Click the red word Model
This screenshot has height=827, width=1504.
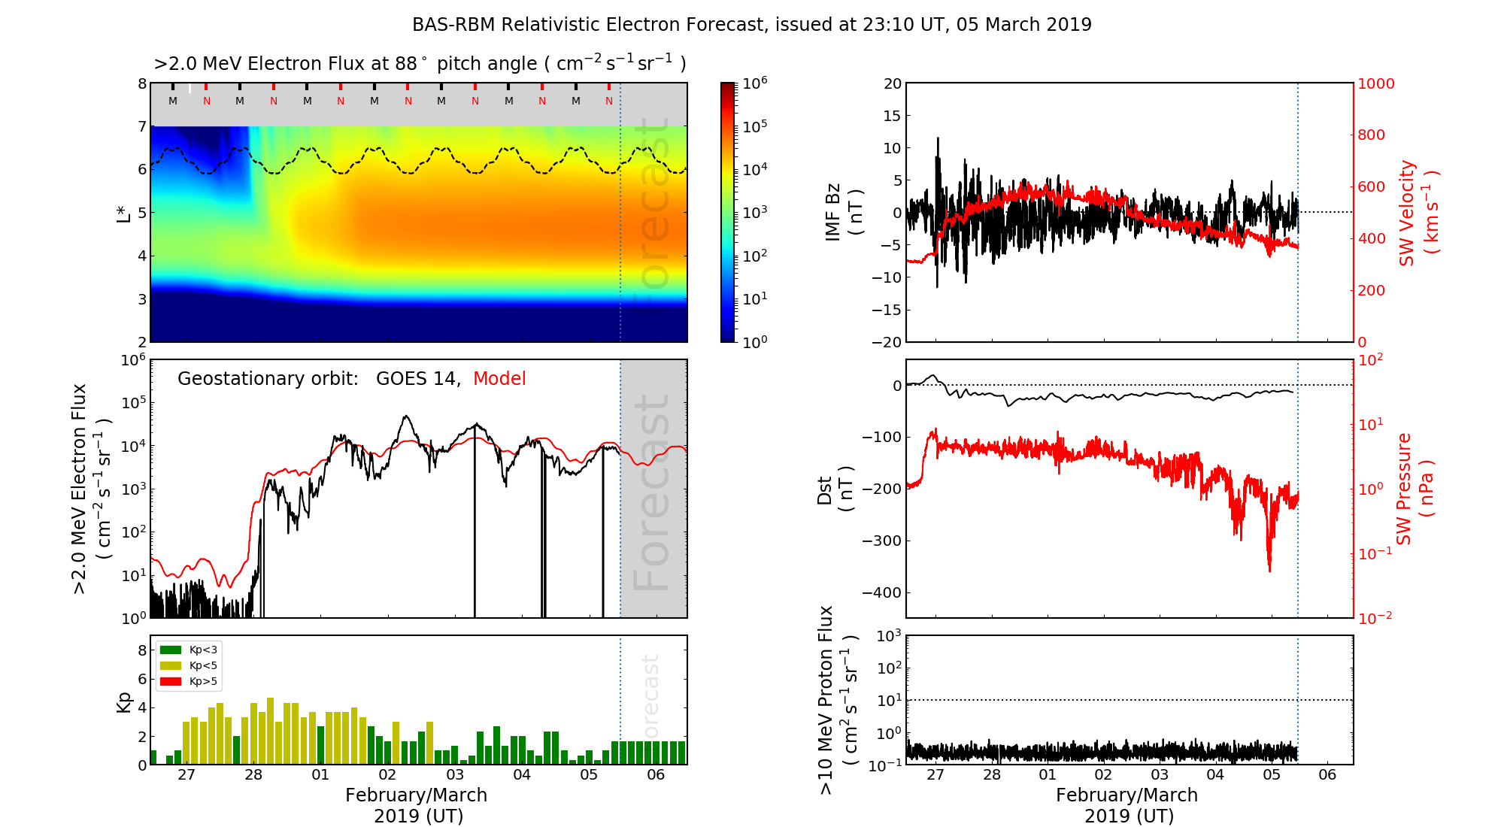(499, 379)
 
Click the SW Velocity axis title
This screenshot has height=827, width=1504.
(1418, 213)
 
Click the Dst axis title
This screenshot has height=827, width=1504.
(835, 489)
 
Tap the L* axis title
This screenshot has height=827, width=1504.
(124, 213)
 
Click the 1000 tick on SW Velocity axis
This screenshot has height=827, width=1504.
(1375, 83)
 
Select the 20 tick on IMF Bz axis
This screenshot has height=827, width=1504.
(892, 83)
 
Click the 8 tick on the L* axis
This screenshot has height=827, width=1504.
(141, 83)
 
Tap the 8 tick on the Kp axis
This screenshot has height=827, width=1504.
(141, 650)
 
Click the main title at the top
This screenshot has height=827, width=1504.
(752, 25)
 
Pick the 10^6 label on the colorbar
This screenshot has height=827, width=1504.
(755, 83)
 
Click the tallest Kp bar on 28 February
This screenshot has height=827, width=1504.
(271, 731)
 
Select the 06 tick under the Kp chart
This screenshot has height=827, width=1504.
(656, 774)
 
